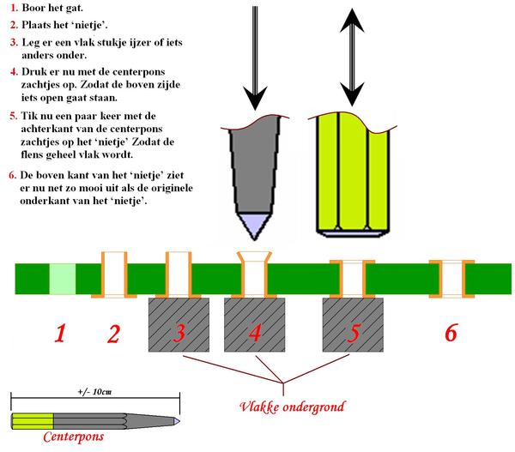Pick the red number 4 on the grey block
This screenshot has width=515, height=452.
[x=254, y=333]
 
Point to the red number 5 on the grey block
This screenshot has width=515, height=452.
[x=353, y=333]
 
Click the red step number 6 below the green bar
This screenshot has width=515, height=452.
[x=451, y=333]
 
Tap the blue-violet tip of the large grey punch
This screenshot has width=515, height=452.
[x=255, y=225]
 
